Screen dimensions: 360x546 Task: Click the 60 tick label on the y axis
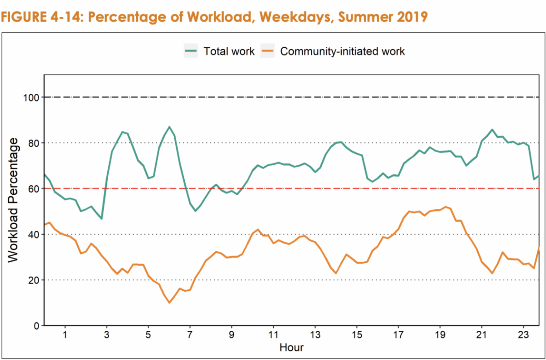(x=34, y=188)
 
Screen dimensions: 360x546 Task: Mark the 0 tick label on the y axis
(x=36, y=326)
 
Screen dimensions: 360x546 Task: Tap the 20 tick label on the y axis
(x=34, y=280)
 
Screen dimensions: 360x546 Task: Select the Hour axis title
(x=291, y=348)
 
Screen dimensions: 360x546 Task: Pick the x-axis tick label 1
(x=65, y=336)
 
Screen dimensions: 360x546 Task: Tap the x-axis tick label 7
(x=190, y=336)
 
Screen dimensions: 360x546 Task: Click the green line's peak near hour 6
(x=169, y=127)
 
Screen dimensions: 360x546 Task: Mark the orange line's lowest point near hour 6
(x=169, y=303)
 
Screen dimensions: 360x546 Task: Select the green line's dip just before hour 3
(x=101, y=218)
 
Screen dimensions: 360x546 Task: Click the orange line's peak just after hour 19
(x=445, y=207)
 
